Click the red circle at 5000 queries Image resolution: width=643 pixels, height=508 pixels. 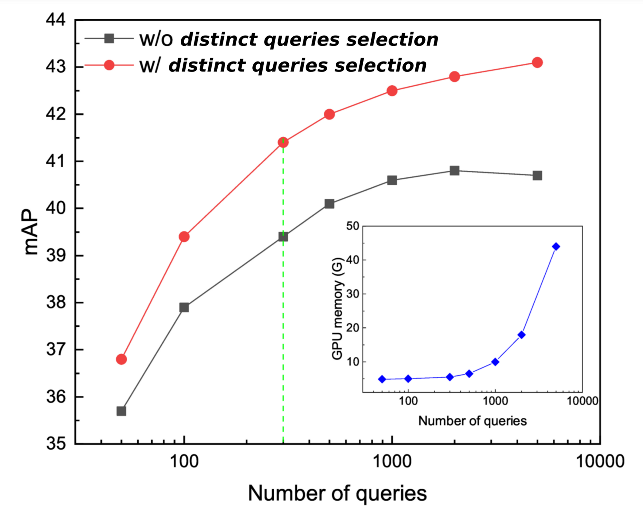[x=537, y=62]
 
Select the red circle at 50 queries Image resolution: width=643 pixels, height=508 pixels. [x=121, y=359]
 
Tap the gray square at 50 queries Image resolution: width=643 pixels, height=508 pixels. [x=121, y=411]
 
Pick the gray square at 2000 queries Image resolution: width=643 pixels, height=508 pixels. [x=454, y=171]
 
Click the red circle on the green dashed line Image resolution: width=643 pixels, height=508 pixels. [x=283, y=142]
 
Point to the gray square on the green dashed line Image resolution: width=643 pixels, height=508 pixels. [x=283, y=237]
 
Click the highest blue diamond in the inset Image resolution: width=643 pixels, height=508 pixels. [x=556, y=247]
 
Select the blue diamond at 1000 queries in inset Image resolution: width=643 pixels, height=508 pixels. [x=495, y=362]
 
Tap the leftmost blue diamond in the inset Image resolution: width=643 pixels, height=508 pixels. [x=382, y=379]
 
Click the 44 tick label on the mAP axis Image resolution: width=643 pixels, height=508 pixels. [x=56, y=20]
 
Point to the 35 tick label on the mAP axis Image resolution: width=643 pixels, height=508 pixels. [x=56, y=444]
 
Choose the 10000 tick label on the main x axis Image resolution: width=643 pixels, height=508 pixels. [x=600, y=461]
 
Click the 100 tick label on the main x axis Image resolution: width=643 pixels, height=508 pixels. [x=184, y=461]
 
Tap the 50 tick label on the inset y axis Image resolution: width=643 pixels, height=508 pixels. [x=352, y=226]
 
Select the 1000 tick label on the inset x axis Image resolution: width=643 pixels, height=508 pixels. [x=495, y=401]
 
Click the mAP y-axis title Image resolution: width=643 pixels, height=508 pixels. [x=31, y=232]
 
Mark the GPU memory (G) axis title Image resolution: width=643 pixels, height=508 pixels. [x=337, y=308]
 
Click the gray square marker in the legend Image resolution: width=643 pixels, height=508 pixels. [x=109, y=39]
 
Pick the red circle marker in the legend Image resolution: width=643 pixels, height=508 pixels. [x=109, y=65]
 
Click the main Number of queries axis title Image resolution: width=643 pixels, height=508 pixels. [x=337, y=493]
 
